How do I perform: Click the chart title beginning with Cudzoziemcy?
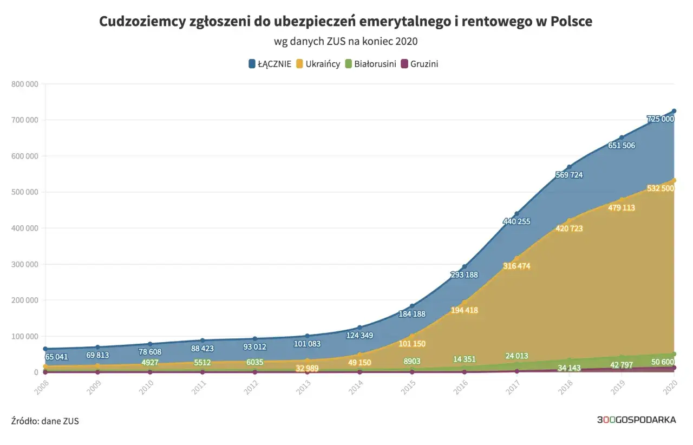(346, 21)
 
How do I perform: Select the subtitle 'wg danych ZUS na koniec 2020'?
(346, 42)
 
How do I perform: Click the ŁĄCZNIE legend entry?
(270, 64)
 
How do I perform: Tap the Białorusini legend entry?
(370, 64)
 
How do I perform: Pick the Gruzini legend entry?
(419, 64)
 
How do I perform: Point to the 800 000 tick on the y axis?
(24, 84)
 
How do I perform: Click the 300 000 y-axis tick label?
(24, 264)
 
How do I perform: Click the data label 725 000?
(660, 119)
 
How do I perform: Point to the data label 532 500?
(660, 188)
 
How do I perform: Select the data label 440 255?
(517, 221)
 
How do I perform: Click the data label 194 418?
(465, 310)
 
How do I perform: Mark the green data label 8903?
(412, 361)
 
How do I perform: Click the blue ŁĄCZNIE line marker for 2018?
(569, 167)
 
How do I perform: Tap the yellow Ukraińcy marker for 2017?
(517, 258)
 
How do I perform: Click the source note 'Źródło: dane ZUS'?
(45, 421)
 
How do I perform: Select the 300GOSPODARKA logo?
(636, 420)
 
